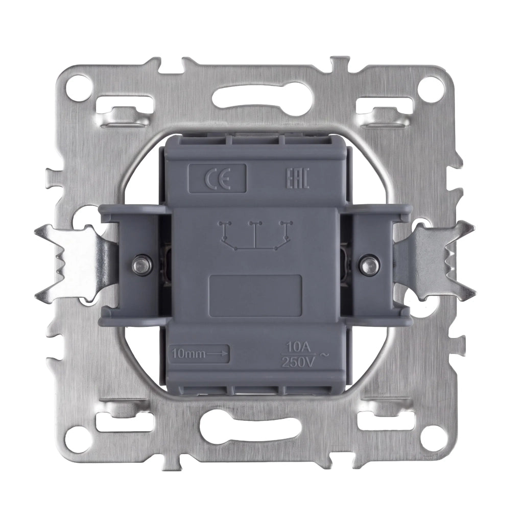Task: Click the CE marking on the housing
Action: [x=217, y=178]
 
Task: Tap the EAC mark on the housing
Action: [x=298, y=178]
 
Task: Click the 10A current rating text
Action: [x=297, y=348]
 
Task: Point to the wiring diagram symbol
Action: [x=255, y=236]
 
